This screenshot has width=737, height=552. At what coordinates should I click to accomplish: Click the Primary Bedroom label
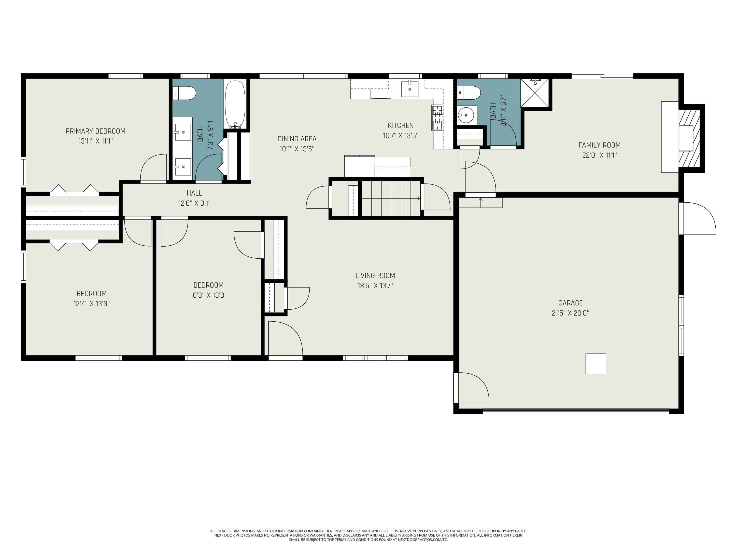(96, 131)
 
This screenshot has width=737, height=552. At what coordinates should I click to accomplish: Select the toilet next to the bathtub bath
(184, 93)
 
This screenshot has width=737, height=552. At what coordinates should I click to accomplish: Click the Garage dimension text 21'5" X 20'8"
(570, 313)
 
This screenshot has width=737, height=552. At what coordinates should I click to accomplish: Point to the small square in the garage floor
(596, 364)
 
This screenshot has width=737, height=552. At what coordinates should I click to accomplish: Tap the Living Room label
(375, 276)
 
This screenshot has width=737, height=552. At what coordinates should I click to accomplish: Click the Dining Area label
(297, 139)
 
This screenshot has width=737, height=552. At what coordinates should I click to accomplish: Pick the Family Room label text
(599, 145)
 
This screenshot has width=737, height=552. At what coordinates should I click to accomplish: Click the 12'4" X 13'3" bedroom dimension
(92, 304)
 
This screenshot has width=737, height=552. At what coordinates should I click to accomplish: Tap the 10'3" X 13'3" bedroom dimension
(209, 295)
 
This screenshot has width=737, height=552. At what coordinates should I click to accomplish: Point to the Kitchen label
(400, 125)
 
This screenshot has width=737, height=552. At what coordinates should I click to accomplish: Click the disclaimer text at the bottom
(368, 535)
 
